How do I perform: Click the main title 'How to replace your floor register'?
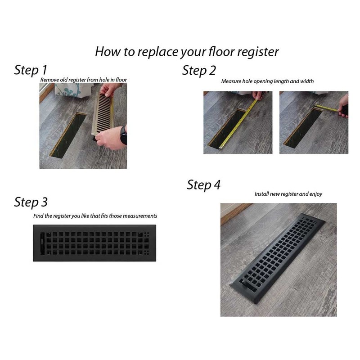(x=187, y=51)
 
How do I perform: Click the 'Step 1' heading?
(x=31, y=70)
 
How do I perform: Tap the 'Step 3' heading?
(x=31, y=202)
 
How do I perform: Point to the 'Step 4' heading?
(x=204, y=185)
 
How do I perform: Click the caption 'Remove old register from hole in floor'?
(x=84, y=80)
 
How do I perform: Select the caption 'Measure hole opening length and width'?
(x=267, y=81)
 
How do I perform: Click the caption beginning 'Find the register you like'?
(x=95, y=216)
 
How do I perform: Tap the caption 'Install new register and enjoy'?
(x=288, y=194)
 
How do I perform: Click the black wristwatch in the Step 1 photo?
(x=123, y=135)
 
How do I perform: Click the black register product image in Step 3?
(x=94, y=243)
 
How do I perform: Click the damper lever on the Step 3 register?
(x=43, y=243)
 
